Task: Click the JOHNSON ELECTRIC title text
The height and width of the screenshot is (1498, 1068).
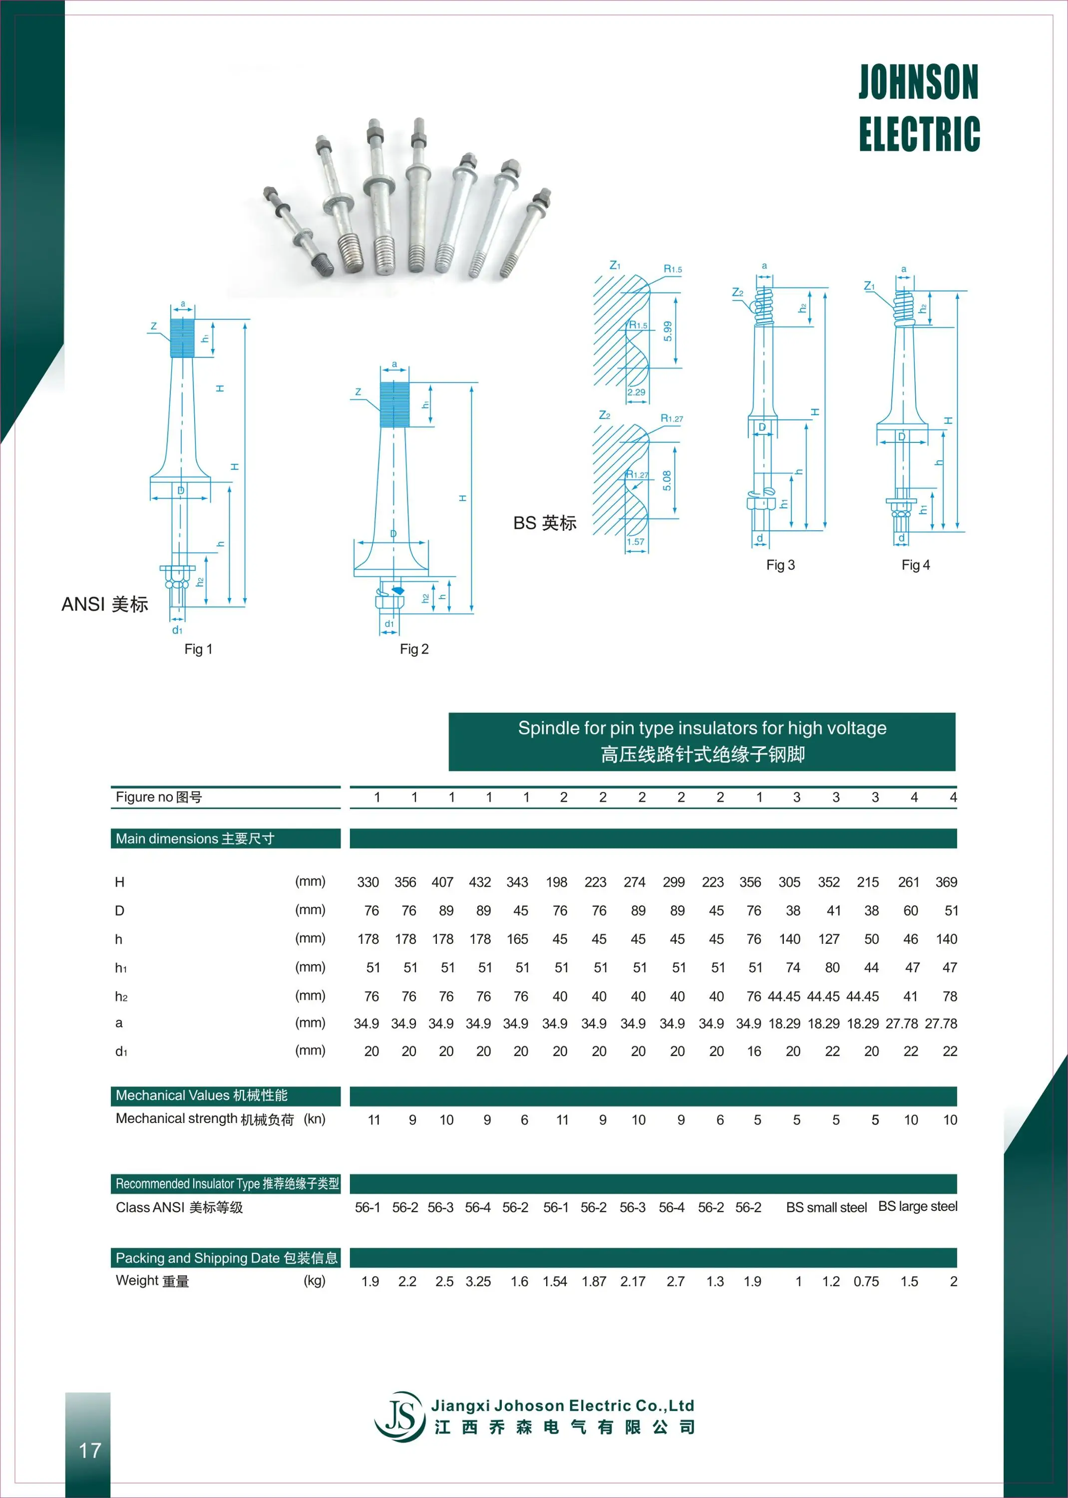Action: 919,107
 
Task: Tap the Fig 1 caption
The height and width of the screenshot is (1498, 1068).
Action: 198,649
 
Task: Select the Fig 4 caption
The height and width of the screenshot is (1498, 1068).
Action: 915,565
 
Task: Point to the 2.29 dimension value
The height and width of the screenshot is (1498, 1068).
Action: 636,392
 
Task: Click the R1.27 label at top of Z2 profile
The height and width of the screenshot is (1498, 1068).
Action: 672,418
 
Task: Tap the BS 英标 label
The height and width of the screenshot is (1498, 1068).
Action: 545,523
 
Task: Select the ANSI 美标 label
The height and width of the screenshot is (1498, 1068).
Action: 104,604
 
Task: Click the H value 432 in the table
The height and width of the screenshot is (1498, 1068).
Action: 479,882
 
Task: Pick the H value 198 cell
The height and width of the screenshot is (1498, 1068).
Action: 556,882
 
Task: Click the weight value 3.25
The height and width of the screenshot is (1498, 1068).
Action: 478,1281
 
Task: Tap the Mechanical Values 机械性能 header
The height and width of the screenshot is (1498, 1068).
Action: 201,1095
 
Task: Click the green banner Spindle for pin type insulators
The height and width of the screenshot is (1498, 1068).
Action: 702,741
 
